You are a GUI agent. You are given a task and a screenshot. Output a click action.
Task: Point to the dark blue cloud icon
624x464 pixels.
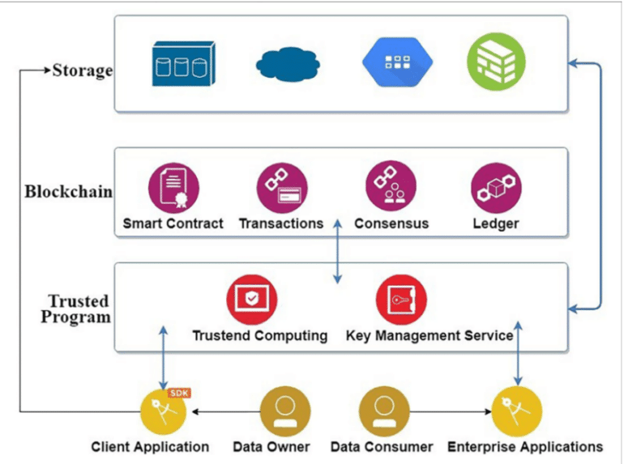click(x=289, y=64)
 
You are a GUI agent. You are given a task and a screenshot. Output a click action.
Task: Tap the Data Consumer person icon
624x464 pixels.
click(x=383, y=411)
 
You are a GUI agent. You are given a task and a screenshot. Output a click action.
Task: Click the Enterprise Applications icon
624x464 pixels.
click(x=516, y=411)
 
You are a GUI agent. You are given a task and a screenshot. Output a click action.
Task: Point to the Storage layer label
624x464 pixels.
click(x=82, y=70)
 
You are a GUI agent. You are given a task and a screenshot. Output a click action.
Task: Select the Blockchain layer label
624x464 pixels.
click(x=68, y=192)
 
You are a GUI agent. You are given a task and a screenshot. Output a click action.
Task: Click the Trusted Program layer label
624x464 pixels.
click(x=78, y=309)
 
